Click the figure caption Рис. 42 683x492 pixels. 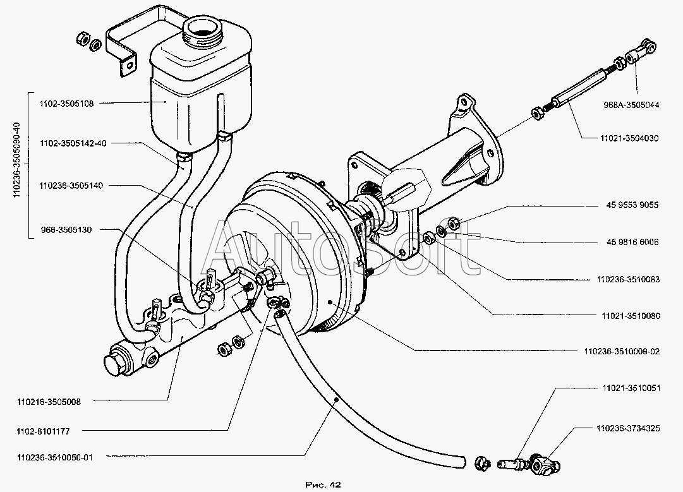click(322, 484)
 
